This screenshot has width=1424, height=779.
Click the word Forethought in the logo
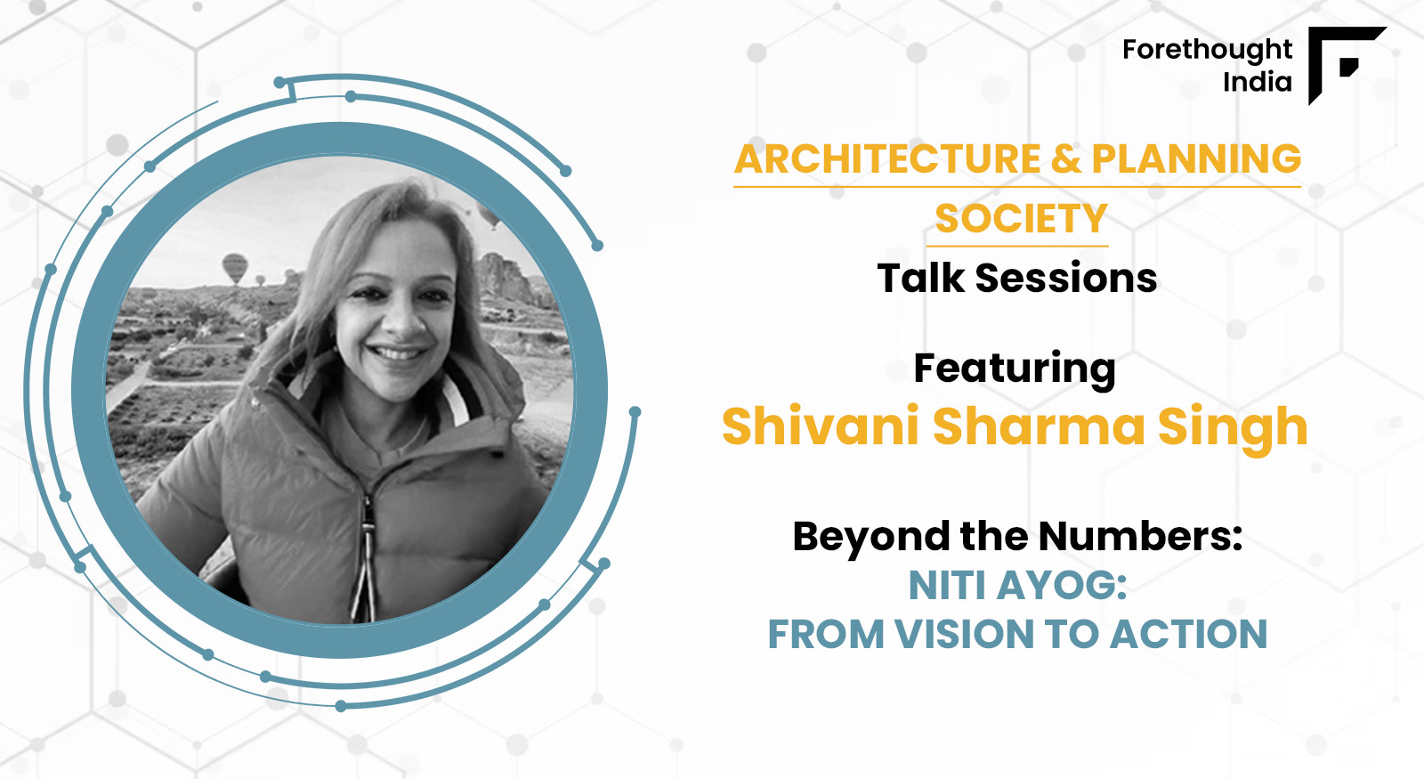tap(1207, 50)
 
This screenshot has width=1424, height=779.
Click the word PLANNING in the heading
tap(1196, 158)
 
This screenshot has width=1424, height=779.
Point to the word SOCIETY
tap(1022, 219)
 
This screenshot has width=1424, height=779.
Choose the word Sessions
tap(1066, 279)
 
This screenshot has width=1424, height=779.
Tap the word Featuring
tap(1015, 369)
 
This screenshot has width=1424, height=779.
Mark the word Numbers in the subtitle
tap(1140, 537)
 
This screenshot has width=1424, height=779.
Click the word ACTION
tap(1188, 635)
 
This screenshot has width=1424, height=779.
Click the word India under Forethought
tap(1258, 82)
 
